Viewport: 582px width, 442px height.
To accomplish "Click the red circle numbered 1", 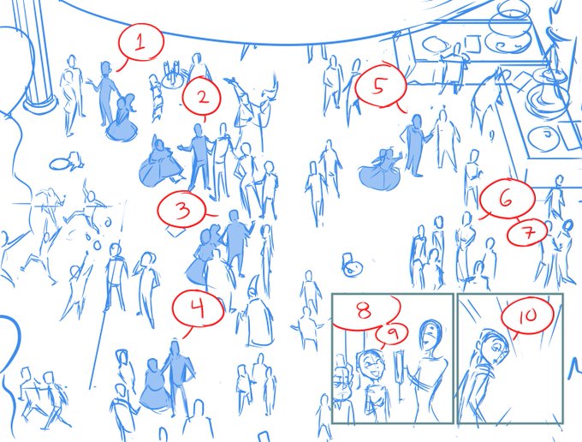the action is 141,42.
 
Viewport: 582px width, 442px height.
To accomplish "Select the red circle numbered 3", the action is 181,209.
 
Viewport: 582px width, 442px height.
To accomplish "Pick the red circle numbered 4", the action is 198,308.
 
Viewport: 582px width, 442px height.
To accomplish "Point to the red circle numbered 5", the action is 380,87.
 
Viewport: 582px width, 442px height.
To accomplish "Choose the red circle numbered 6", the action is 507,199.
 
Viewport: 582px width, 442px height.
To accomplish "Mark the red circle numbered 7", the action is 527,232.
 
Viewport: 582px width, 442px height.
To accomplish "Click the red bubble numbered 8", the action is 365,311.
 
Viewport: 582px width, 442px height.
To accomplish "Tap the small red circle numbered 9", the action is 392,333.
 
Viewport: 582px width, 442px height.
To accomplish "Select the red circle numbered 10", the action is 527,315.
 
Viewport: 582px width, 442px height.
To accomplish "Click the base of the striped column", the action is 40,103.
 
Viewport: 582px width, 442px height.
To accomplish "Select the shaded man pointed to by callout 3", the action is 235,242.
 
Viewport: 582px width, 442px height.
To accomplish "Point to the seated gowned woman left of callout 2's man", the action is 161,164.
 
